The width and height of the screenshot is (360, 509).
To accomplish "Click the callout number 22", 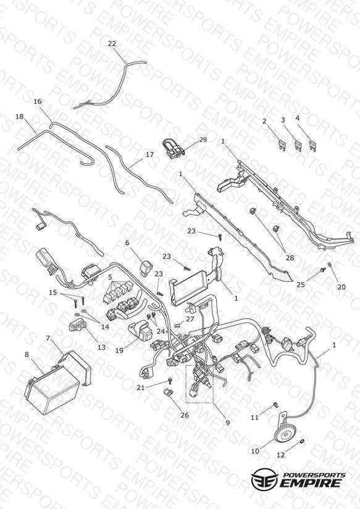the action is tap(112, 43).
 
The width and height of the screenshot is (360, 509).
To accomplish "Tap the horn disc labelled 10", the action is tap(282, 432).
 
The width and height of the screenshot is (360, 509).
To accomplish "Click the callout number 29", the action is tap(203, 140).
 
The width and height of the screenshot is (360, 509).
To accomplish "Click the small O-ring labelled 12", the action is tap(302, 440).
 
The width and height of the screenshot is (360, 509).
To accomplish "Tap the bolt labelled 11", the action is tap(276, 405).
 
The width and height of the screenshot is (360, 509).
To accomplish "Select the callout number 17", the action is tap(149, 155).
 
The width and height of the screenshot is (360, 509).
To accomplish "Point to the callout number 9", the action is tap(228, 423).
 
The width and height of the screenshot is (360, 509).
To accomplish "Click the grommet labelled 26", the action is tap(168, 392).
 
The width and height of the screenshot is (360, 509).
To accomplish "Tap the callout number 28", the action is tap(290, 258).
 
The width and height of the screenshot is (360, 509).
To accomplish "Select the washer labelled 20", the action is tap(330, 265).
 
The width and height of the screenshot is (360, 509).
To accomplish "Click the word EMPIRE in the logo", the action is tap(311, 482).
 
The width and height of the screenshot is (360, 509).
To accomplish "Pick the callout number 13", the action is tap(102, 347).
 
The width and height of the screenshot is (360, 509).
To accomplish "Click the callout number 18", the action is tap(20, 116).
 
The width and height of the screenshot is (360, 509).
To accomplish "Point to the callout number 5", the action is tap(110, 277).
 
